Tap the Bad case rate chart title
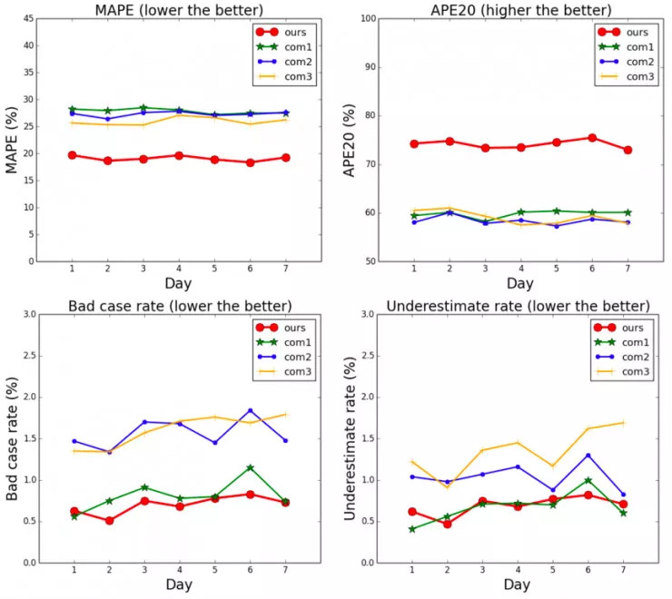click(x=180, y=304)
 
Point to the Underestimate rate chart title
click(x=518, y=304)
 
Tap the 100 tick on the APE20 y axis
click(x=367, y=18)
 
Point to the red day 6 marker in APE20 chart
click(x=592, y=138)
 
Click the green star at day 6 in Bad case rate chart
click(x=250, y=467)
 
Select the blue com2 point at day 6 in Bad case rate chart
click(x=250, y=410)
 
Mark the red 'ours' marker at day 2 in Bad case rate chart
click(x=109, y=521)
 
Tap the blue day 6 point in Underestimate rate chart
click(x=588, y=455)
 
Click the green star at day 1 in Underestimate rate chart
click(x=412, y=529)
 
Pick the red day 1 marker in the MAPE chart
click(x=72, y=155)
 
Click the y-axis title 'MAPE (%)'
click(x=12, y=140)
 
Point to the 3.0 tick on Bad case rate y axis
click(x=29, y=314)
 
